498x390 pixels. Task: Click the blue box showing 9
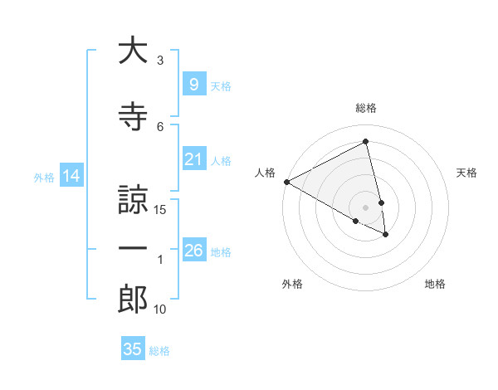click(193, 85)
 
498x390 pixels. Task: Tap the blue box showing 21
click(193, 159)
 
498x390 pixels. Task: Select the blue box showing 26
click(193, 251)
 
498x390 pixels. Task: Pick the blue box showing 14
click(71, 176)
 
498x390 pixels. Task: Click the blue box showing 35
click(133, 349)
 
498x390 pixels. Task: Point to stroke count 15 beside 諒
click(161, 210)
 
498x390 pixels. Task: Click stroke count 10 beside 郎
click(161, 310)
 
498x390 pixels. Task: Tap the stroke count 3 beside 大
click(161, 61)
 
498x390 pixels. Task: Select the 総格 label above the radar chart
click(366, 108)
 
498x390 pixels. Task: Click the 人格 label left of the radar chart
click(266, 173)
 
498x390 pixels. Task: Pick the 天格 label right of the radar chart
click(466, 173)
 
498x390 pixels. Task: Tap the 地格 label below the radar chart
click(435, 284)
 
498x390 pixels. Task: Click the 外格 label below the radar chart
click(292, 284)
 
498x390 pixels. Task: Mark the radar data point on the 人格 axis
click(286, 181)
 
